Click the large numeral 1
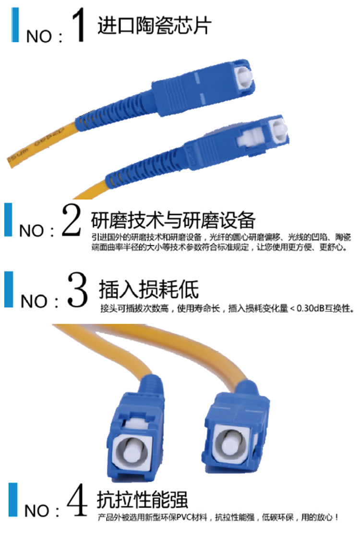point(79,25)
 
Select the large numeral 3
point(77,289)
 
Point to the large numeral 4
point(78,500)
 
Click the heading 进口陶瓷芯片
point(155,25)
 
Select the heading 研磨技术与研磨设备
point(173,220)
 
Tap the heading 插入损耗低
point(149,289)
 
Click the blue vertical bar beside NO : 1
point(15,24)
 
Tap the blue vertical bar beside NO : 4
point(13,500)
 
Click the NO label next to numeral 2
point(31,231)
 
